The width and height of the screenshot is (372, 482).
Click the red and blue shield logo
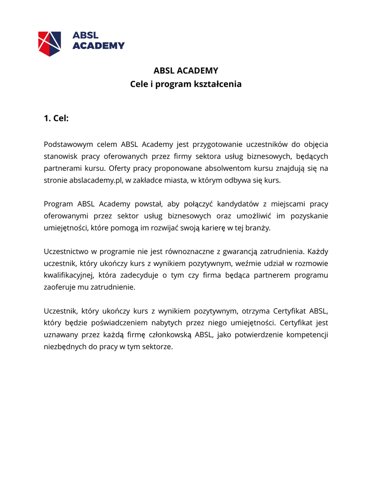49,43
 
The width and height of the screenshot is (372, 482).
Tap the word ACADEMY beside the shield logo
99,46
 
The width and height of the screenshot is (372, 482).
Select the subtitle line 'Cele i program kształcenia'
186,84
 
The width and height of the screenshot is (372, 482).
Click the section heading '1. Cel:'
56,118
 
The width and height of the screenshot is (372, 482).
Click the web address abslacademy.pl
96,180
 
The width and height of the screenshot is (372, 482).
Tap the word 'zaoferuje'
60,287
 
